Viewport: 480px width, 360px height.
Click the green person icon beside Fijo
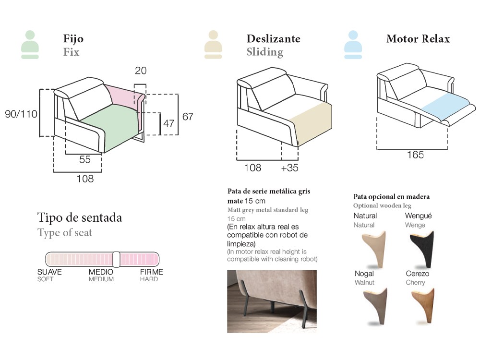(x=30, y=45)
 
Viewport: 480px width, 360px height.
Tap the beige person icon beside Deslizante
(x=213, y=45)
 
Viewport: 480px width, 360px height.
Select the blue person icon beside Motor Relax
(x=353, y=45)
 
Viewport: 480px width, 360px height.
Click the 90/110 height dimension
(x=21, y=114)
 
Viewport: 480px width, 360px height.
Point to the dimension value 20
(x=141, y=71)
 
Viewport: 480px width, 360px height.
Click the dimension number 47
(x=168, y=123)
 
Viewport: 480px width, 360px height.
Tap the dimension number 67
(x=188, y=117)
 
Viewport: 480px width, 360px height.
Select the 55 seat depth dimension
(x=85, y=159)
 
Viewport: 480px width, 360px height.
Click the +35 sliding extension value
(x=289, y=168)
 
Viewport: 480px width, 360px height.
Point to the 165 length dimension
(x=415, y=155)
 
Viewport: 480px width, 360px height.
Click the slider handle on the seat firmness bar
(x=116, y=260)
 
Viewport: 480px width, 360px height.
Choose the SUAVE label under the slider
(x=49, y=272)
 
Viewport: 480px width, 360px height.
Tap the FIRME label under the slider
(x=152, y=272)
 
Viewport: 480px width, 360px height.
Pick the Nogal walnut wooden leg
(x=376, y=306)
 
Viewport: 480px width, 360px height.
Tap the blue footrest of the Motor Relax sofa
(x=445, y=106)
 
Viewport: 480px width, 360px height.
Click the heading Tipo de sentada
(x=80, y=218)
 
